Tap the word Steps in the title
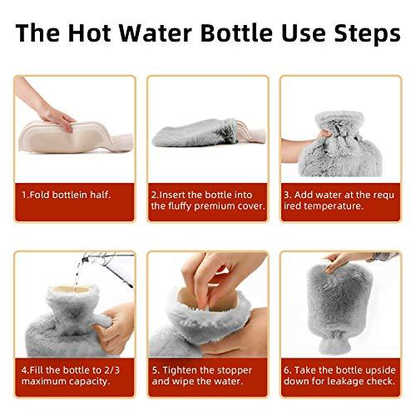[360, 36]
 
